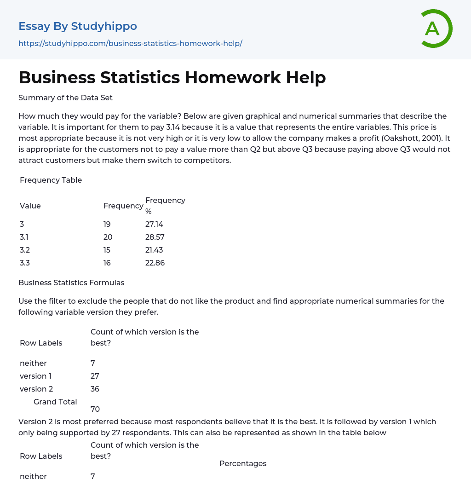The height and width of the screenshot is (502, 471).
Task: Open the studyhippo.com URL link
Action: tap(130, 43)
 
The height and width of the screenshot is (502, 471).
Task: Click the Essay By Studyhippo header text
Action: tap(78, 26)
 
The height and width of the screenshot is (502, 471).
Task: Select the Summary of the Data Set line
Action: tap(65, 98)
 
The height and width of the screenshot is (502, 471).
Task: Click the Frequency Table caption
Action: tap(51, 180)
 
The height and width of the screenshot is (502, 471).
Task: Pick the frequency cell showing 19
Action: tap(107, 225)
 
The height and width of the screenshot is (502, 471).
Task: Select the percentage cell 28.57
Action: tap(155, 237)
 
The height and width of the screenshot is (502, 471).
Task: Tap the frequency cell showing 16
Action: tap(107, 263)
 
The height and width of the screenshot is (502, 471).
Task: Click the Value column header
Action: tap(30, 206)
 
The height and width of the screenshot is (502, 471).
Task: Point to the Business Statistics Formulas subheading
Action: tap(71, 283)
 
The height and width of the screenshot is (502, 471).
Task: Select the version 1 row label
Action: tap(36, 376)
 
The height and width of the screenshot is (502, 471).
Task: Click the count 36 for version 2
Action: tap(95, 389)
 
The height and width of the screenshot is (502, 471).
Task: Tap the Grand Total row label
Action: tap(55, 402)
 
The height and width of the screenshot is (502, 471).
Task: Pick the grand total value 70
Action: tap(95, 409)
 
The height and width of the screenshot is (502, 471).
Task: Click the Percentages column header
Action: tap(243, 463)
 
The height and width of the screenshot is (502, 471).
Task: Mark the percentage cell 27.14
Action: tap(155, 225)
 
